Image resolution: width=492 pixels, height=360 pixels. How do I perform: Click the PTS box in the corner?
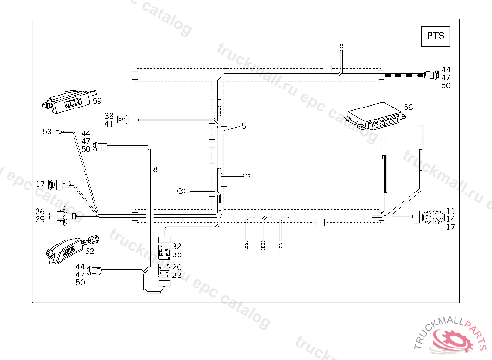(435, 36)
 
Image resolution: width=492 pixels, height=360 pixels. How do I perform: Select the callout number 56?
(408, 107)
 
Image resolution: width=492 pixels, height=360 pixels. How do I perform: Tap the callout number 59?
(97, 101)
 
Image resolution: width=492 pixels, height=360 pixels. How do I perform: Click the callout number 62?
(90, 251)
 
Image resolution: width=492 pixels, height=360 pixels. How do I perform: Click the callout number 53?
(47, 132)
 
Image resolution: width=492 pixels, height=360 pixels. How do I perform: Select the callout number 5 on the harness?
(244, 126)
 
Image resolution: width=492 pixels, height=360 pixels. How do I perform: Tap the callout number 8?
(155, 169)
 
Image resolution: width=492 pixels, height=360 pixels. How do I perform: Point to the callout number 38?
(109, 116)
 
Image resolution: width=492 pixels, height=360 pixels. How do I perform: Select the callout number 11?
(450, 211)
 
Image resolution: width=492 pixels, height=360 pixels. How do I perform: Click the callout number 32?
(177, 246)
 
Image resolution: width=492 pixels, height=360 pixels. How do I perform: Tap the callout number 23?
(177, 276)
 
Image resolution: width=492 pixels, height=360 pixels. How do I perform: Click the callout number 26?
(40, 211)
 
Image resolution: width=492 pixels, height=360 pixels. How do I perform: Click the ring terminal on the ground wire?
(182, 192)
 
